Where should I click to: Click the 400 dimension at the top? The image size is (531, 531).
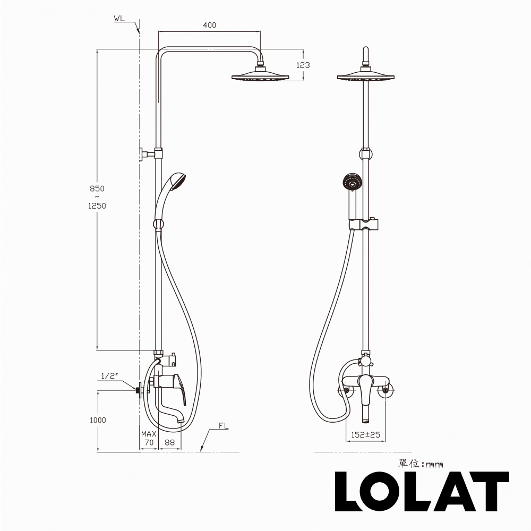pos(209,25)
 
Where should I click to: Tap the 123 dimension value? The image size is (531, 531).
pos(303,65)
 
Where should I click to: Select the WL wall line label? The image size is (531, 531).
pos(119,18)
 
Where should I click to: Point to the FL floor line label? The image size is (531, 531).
pos(224,426)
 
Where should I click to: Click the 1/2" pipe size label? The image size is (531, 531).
pos(109,376)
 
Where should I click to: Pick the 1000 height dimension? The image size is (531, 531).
pos(98,420)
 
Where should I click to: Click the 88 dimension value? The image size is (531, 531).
pos(169,442)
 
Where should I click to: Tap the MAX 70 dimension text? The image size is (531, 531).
pos(149,438)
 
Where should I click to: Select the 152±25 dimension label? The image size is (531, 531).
pos(365,434)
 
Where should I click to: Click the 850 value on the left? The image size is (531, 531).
pos(97,189)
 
